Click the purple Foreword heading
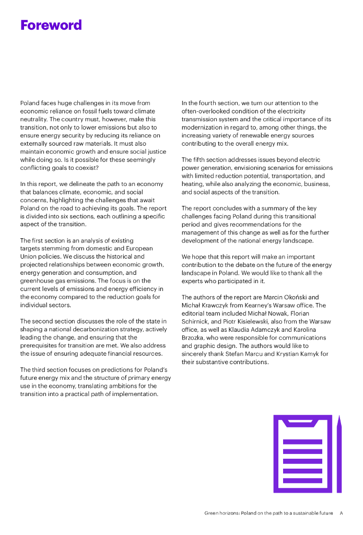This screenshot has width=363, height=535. coord(51,25)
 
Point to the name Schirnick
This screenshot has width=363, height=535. coord(196,322)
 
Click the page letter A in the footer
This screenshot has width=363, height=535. coord(341,513)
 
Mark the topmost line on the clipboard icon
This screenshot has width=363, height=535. coord(302,441)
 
